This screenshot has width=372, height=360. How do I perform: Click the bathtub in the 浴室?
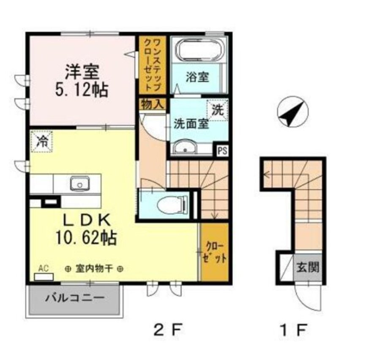click(x=200, y=50)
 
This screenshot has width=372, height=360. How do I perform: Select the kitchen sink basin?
click(x=80, y=184)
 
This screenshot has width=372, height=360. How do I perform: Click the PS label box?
click(x=222, y=151)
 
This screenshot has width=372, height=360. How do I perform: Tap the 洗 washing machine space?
click(x=217, y=110)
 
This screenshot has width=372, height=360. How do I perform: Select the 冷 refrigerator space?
click(x=41, y=142)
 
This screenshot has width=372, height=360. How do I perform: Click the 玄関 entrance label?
click(x=308, y=268)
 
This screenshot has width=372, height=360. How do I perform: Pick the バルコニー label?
click(x=75, y=297)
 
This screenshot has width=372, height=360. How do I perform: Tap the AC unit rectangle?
click(x=44, y=277)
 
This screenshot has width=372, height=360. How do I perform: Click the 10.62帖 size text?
click(x=86, y=238)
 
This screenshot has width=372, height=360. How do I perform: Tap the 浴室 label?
click(x=197, y=77)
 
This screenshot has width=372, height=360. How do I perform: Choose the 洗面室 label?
click(x=191, y=124)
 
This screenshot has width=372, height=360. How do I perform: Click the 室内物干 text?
click(x=94, y=269)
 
